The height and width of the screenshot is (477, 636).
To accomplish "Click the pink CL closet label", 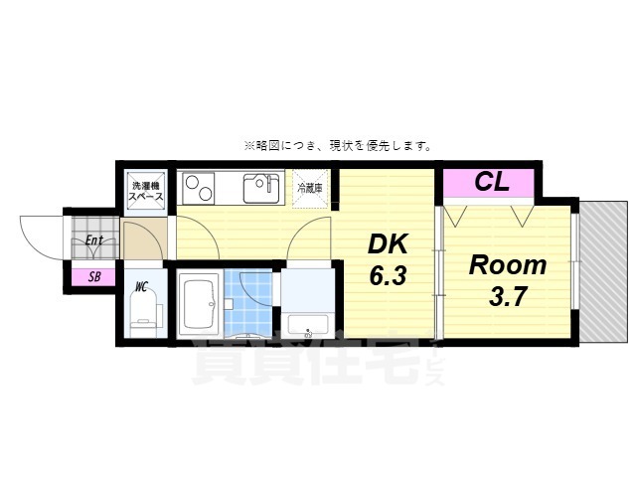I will pos(491,183).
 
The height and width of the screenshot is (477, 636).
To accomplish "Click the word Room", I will pos(508,265).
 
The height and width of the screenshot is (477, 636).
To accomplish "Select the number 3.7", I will pos(508,297).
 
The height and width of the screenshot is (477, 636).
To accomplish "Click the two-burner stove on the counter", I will pos(196,188).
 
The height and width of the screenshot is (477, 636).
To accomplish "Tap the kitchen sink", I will pos(260,188).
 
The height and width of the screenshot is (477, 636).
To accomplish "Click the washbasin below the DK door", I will pos(308,324).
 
